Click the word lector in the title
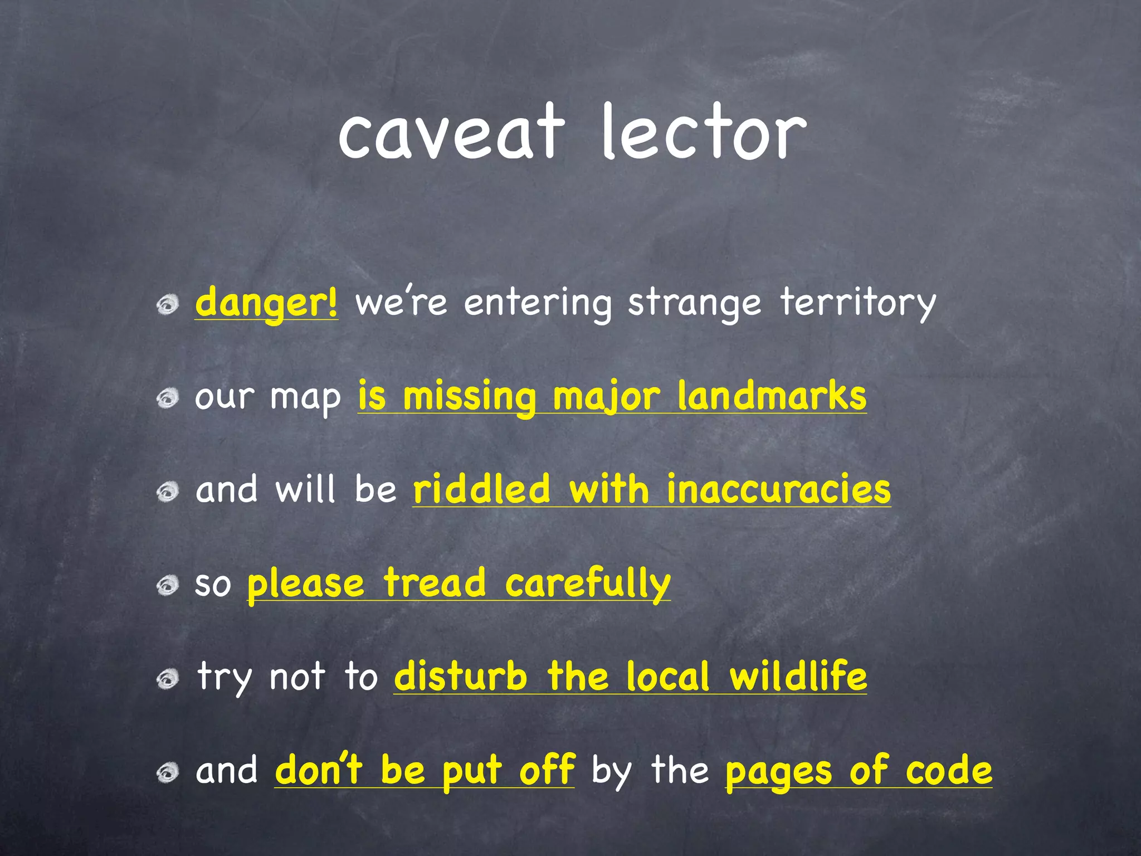tap(703, 134)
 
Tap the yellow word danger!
tap(266, 303)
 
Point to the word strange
tap(694, 303)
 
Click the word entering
tap(537, 303)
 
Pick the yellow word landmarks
tap(772, 397)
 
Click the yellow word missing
tap(469, 397)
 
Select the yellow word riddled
tap(481, 489)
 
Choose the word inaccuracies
tap(778, 489)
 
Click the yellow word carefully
tap(588, 584)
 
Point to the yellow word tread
tap(435, 583)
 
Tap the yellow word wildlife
tap(798, 677)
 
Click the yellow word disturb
tap(460, 677)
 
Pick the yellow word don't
tap(319, 770)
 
